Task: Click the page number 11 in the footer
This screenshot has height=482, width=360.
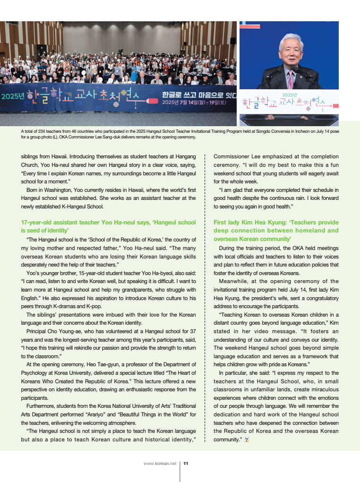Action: click(x=186, y=464)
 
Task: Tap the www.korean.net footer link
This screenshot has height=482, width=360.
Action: click(x=160, y=464)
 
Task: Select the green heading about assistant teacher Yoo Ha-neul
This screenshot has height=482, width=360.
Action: click(x=108, y=226)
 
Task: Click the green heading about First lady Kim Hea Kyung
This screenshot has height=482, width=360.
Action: click(x=276, y=226)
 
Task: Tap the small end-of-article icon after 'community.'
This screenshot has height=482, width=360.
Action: click(x=247, y=440)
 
